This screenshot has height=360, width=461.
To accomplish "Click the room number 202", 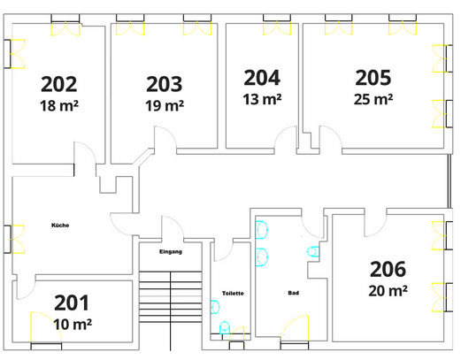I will coord(58,85).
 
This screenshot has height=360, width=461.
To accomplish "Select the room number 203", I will coord(164,85).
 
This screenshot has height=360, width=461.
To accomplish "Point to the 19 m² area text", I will coord(164,106).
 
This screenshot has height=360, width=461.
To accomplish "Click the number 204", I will coord(262,78).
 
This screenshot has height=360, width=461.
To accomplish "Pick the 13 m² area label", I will coord(262,99).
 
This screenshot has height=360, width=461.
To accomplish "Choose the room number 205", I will coord(373,78).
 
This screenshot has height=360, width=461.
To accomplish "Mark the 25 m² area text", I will coord(373,99).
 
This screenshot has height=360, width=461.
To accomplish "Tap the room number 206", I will coord(388,269).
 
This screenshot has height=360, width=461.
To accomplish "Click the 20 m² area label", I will coord(388,290).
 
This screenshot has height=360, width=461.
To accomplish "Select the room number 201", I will coord(72,303).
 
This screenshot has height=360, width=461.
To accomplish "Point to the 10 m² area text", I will coord(72,323).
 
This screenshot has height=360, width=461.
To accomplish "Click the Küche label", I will coord(60,226).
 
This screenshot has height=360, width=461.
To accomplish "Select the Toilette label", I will coord(232,293).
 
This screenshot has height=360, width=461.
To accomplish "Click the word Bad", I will coord(293,293).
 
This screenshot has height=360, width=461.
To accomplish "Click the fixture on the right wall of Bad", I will coord(312,253).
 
